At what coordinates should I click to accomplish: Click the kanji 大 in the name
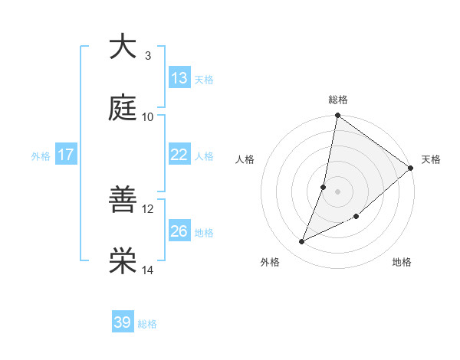[x=123, y=47]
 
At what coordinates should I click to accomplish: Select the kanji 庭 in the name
[x=123, y=108]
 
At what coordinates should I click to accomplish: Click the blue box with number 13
[x=179, y=78]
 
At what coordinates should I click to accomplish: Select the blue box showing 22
[x=179, y=155]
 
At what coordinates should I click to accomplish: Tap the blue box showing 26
[x=179, y=231]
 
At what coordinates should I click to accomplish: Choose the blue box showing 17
[x=66, y=155]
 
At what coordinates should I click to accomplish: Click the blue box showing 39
[x=123, y=322]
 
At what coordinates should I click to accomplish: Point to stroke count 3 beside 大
[x=148, y=55]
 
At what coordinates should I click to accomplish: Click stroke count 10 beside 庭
[x=148, y=116]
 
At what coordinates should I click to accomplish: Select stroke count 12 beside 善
[x=148, y=208]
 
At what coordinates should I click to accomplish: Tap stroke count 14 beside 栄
[x=148, y=270]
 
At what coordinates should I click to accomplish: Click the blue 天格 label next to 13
[x=204, y=79]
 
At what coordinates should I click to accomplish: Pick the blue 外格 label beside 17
[x=41, y=155]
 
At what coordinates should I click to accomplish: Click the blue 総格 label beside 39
[x=147, y=323]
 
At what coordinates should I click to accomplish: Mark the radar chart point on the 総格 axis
[x=337, y=116]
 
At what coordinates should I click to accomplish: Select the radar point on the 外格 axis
[x=302, y=242]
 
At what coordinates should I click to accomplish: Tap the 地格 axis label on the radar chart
[x=402, y=262]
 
